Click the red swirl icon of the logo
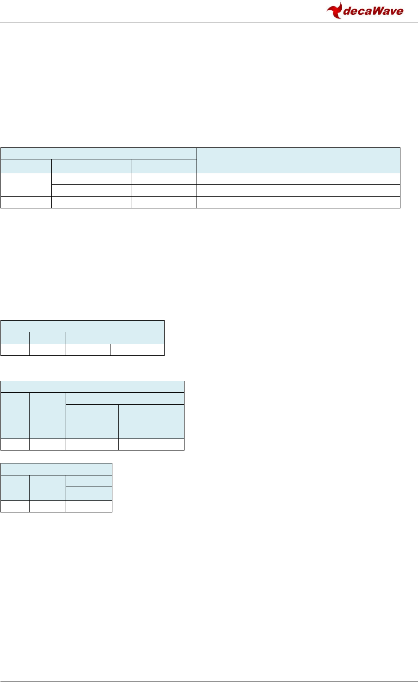(335, 10)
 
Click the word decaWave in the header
(374, 11)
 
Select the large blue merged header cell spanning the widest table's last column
(298, 160)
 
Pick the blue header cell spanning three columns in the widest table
(98, 153)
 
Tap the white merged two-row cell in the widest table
(26, 184)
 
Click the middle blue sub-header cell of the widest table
(91, 166)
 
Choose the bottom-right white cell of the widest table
(298, 202)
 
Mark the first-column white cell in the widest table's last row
(26, 202)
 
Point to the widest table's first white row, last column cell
(298, 179)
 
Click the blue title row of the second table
(82, 326)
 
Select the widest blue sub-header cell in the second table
(115, 338)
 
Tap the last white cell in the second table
(137, 350)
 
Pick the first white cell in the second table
(15, 350)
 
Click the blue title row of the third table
(92, 386)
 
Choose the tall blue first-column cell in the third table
(15, 415)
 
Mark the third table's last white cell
(151, 445)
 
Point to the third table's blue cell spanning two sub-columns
(125, 398)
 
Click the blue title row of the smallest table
(56, 469)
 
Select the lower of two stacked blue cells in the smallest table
(89, 493)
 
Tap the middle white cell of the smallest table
(47, 506)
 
